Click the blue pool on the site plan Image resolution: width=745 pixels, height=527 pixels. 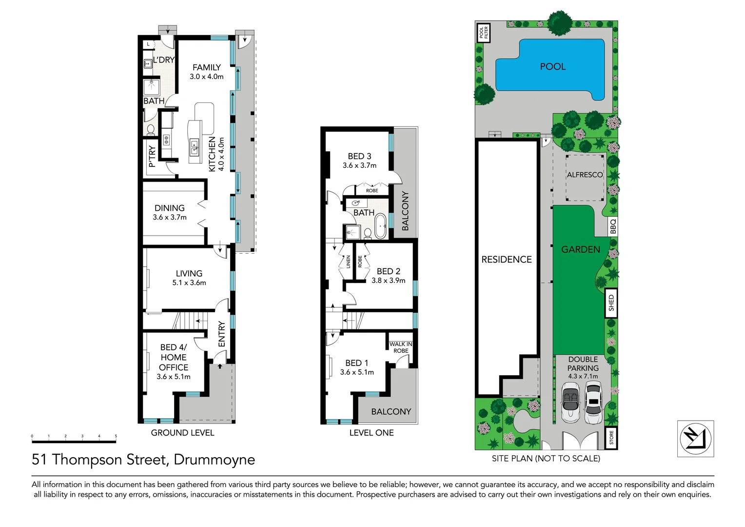tap(551, 68)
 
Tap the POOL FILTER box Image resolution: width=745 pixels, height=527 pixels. tap(483, 33)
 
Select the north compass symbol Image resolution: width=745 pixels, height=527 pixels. tap(695, 438)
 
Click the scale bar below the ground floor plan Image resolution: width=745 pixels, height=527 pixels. tap(74, 441)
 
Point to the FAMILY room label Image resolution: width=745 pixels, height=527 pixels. tap(206, 67)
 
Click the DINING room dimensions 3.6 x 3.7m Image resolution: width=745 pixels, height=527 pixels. tap(170, 217)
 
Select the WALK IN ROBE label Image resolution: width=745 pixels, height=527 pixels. tap(401, 347)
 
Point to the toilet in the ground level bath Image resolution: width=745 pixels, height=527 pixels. tap(151, 130)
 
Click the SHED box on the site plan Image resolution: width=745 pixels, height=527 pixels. tap(611, 304)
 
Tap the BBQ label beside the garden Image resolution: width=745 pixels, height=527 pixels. tap(613, 226)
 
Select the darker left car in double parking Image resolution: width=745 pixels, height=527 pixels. tap(570, 401)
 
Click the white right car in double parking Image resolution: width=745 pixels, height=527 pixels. tap(593, 403)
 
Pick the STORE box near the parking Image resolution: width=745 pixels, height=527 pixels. tap(611, 438)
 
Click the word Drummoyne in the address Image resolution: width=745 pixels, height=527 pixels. tap(214, 460)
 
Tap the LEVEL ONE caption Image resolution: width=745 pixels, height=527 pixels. tap(372, 433)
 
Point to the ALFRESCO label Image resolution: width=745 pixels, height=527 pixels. tap(585, 175)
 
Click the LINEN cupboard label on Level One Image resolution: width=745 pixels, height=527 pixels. tap(348, 262)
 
